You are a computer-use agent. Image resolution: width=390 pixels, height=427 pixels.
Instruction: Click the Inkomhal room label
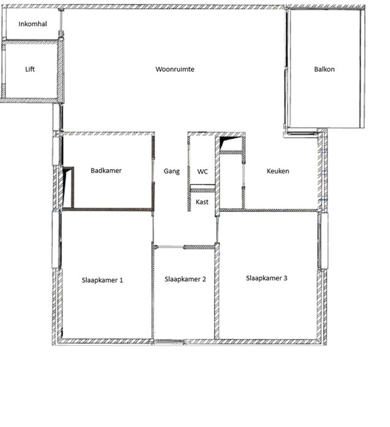pos(32,24)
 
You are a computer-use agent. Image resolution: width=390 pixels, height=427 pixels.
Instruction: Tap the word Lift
pos(30,69)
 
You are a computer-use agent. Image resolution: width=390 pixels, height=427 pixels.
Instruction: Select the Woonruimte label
pos(175,69)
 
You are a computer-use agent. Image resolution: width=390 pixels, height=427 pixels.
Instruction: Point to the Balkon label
pos(324,69)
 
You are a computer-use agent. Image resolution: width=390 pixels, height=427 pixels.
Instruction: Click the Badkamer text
pos(106,170)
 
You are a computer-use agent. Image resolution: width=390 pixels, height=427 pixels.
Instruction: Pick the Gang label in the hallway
pos(172,172)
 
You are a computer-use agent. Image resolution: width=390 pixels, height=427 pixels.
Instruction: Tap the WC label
pos(202,172)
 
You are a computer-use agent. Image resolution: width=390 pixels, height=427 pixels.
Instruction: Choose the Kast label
pos(202,202)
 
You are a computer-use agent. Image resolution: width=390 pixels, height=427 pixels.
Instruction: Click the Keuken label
pos(278,171)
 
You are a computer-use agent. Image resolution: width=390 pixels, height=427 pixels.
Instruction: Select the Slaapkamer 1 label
pos(102,280)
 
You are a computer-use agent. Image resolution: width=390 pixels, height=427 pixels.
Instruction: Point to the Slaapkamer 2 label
pos(185,279)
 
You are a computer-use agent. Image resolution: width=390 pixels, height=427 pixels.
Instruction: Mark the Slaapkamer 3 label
pos(267,278)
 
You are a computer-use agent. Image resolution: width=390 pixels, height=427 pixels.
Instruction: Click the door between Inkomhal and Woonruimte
pos(61,21)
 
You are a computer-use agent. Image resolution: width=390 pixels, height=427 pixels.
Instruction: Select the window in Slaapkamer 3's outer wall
pos(323,241)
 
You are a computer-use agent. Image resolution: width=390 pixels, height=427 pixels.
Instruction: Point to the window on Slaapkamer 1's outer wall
pos(56,239)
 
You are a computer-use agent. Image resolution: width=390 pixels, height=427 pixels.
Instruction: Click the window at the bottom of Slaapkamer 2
pos(169,341)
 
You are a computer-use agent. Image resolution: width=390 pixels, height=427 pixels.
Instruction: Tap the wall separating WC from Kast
pos(202,189)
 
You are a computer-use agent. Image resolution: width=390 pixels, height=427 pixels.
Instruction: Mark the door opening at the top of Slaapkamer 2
pos(170,247)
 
